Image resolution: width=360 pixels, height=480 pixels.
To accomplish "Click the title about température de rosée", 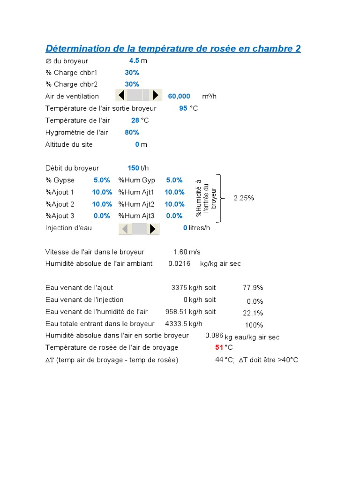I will pos(173,48).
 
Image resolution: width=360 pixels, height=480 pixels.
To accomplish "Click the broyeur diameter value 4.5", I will pos(134,61).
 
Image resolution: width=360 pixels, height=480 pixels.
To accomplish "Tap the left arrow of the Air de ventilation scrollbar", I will pos(121,96).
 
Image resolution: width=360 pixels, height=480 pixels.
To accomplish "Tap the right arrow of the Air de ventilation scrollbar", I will pos(156,96).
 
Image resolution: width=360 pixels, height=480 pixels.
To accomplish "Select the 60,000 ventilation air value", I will pos(179,96).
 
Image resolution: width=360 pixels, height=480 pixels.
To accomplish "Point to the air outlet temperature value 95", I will pos(183,108).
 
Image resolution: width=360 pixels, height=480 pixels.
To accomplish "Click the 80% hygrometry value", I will pos(132,132).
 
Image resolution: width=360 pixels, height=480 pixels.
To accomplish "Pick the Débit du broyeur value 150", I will pos(133,168).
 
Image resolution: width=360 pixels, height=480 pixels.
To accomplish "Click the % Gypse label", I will pos(60,180).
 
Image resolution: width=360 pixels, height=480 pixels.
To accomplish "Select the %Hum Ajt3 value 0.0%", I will pos(174,216).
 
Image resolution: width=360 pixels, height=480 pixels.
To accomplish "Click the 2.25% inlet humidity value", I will pos(244,198).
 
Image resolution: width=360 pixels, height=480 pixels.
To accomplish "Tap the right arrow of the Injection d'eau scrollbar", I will pos(153,229).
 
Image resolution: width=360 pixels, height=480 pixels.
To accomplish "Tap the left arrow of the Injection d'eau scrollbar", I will pos(126,229).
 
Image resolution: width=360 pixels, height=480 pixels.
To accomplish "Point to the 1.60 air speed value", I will pos(180,252).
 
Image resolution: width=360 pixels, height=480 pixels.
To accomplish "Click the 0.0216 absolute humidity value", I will pos(180,263).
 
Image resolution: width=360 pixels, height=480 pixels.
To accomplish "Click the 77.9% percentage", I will pos(253,287).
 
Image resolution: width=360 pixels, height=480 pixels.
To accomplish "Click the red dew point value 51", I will pos(219,347).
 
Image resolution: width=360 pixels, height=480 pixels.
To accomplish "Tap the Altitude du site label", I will pos(69,144).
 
